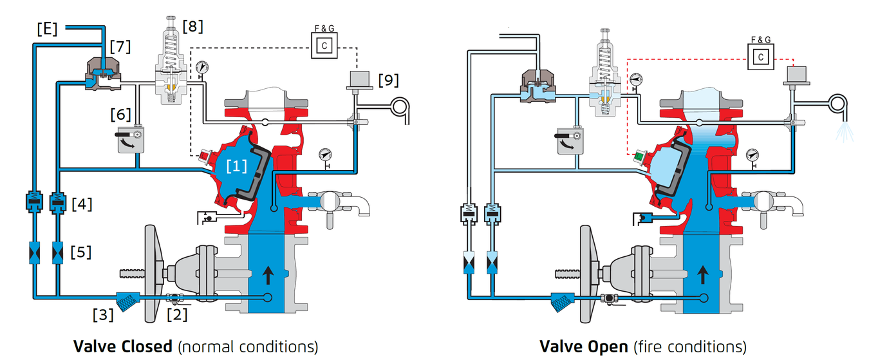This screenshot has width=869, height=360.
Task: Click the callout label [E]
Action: [47, 29]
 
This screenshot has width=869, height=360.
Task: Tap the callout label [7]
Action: [120, 46]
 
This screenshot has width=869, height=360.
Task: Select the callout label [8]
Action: [193, 26]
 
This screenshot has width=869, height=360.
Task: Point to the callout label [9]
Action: [388, 80]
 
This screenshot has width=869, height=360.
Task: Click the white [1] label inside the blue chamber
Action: [236, 166]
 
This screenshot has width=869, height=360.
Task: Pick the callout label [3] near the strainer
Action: [103, 315]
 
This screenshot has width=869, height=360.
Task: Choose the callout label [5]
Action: [80, 252]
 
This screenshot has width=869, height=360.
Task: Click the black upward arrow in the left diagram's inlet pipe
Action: [268, 275]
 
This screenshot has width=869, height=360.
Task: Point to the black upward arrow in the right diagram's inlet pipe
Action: [703, 275]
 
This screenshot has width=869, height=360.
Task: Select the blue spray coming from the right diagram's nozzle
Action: [845, 131]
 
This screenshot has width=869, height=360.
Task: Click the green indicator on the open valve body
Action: [639, 157]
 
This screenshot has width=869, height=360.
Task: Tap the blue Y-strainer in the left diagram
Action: [128, 301]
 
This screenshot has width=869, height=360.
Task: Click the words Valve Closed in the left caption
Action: [122, 346]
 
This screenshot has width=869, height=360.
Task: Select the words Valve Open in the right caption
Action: [583, 346]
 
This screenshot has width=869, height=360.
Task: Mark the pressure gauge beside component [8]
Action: [201, 68]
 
